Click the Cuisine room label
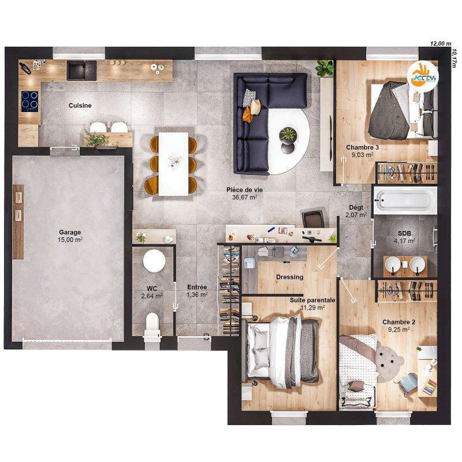pos(80,106)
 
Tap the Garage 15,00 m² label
pos(70,236)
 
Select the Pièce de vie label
pos(241,193)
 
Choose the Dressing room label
pos(289,277)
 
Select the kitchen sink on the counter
pos(77,70)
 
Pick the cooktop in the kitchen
pos(29,101)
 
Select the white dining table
pos(174,163)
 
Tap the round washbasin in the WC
pos(154,260)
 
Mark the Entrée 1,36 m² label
pos(196,291)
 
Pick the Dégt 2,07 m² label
pos(356,211)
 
